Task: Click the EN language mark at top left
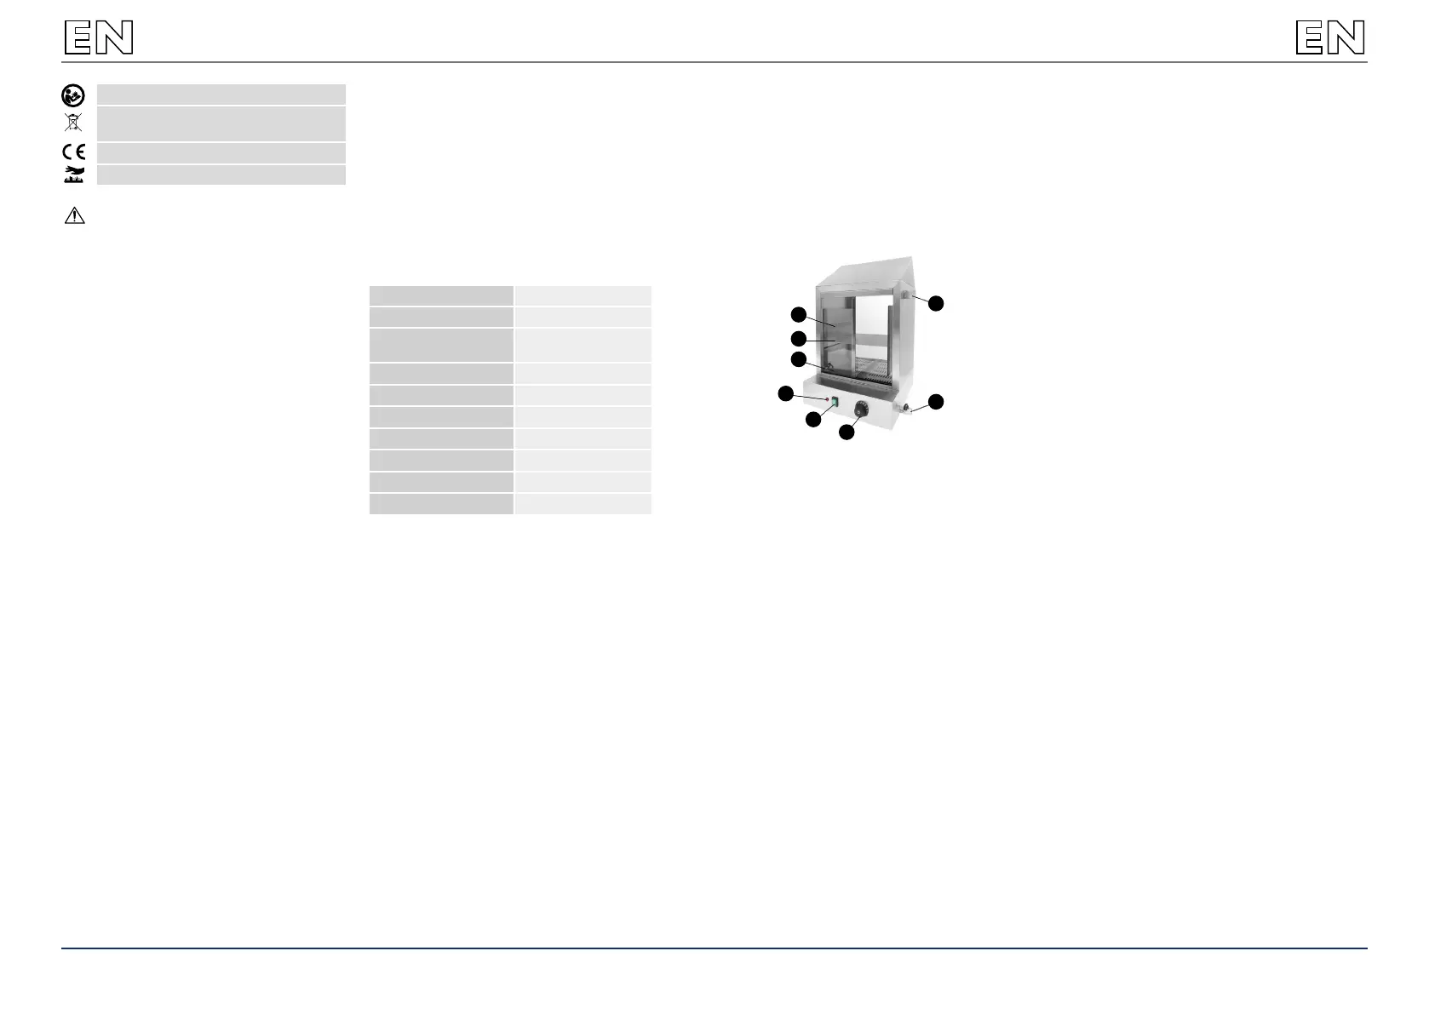[99, 38]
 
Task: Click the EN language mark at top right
[1330, 38]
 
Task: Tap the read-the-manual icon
[73, 95]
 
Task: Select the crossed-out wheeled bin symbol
[73, 123]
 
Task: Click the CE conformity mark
[73, 153]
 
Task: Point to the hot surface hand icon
[74, 175]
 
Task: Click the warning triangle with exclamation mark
[74, 215]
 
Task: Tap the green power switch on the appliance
[835, 402]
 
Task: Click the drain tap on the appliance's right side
[909, 410]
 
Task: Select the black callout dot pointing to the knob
[846, 433]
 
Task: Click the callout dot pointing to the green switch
[814, 419]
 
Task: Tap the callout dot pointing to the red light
[786, 392]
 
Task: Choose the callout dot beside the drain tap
[936, 401]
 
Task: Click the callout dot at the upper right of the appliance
[936, 303]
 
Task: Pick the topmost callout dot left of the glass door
[798, 313]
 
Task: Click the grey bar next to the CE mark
[221, 153]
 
